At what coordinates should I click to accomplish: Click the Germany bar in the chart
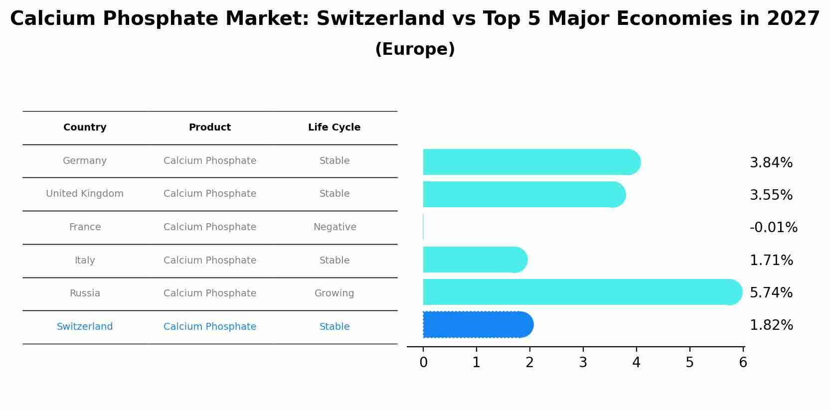(531, 162)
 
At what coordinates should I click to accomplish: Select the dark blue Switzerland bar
(478, 325)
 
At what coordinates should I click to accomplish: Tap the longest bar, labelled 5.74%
(582, 292)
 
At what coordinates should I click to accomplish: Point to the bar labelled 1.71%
(475, 260)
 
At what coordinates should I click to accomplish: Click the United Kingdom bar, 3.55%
(523, 194)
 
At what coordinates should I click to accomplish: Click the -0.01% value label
(773, 228)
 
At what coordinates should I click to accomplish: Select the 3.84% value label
(771, 163)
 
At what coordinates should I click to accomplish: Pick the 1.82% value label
(771, 325)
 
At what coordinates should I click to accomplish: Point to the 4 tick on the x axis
(636, 363)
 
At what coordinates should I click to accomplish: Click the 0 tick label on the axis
(423, 363)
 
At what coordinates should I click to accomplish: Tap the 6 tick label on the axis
(743, 363)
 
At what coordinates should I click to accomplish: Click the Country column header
(85, 128)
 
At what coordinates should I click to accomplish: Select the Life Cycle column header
(334, 128)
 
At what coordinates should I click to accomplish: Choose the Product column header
(209, 128)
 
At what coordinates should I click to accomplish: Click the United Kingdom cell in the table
(85, 194)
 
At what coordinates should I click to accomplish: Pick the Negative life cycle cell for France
(334, 227)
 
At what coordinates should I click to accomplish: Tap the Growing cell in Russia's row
(334, 293)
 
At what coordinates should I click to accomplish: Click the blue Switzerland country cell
(85, 327)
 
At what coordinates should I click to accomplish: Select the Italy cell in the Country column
(85, 261)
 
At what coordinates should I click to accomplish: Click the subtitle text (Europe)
(415, 49)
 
